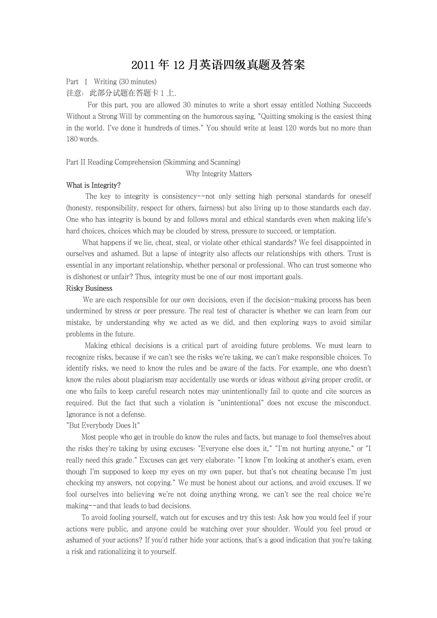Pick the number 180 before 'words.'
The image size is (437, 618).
[x=72, y=139]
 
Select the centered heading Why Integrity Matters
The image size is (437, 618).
[x=219, y=174]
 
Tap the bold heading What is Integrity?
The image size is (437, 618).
[x=93, y=185]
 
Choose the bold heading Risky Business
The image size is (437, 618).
[x=89, y=288]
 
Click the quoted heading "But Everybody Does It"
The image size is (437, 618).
[x=103, y=425]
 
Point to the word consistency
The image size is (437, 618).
[x=179, y=197]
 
